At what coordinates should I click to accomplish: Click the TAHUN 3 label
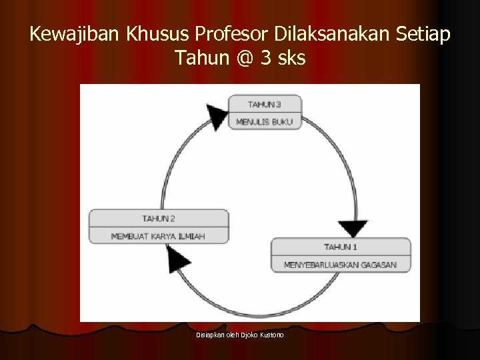pos(265,104)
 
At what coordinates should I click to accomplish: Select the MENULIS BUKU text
pos(265,122)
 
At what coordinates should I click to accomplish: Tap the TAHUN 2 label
pos(159,218)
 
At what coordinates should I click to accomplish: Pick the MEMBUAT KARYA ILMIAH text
pos(159,236)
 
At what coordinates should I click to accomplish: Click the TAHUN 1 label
pos(341,247)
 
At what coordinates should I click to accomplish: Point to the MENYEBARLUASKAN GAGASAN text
pos(341,265)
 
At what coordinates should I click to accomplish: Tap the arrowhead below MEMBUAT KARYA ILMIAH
pos(177,258)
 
